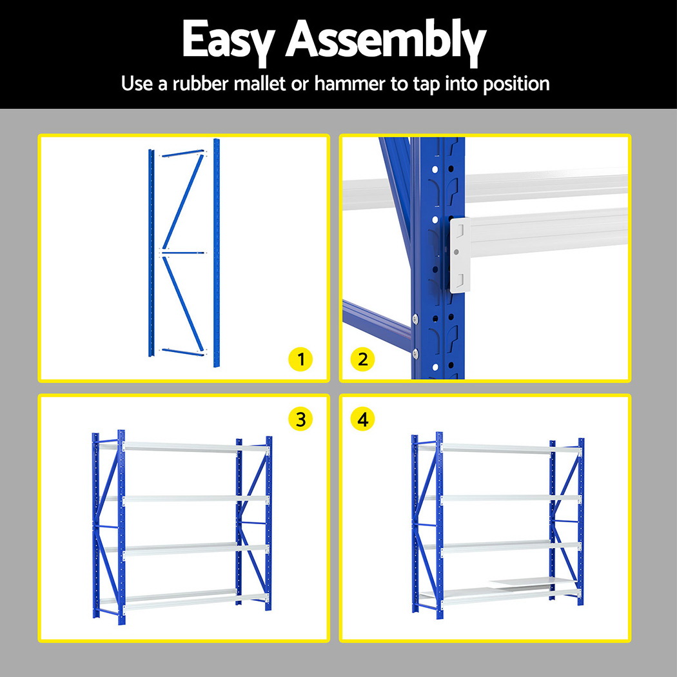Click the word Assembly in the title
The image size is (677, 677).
(x=386, y=41)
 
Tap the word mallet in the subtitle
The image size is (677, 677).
(x=259, y=83)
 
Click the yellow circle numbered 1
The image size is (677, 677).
(x=300, y=359)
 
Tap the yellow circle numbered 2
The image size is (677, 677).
(x=362, y=359)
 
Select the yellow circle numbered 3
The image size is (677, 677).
(x=300, y=419)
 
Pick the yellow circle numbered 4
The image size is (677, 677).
(x=362, y=419)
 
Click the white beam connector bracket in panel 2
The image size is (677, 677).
(x=460, y=255)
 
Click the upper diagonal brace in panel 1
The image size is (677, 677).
(x=183, y=202)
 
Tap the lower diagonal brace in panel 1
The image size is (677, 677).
(x=183, y=304)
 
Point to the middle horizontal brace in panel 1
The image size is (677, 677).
(x=183, y=253)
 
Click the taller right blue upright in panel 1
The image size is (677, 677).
(x=216, y=253)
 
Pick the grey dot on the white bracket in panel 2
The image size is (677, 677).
(x=456, y=251)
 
